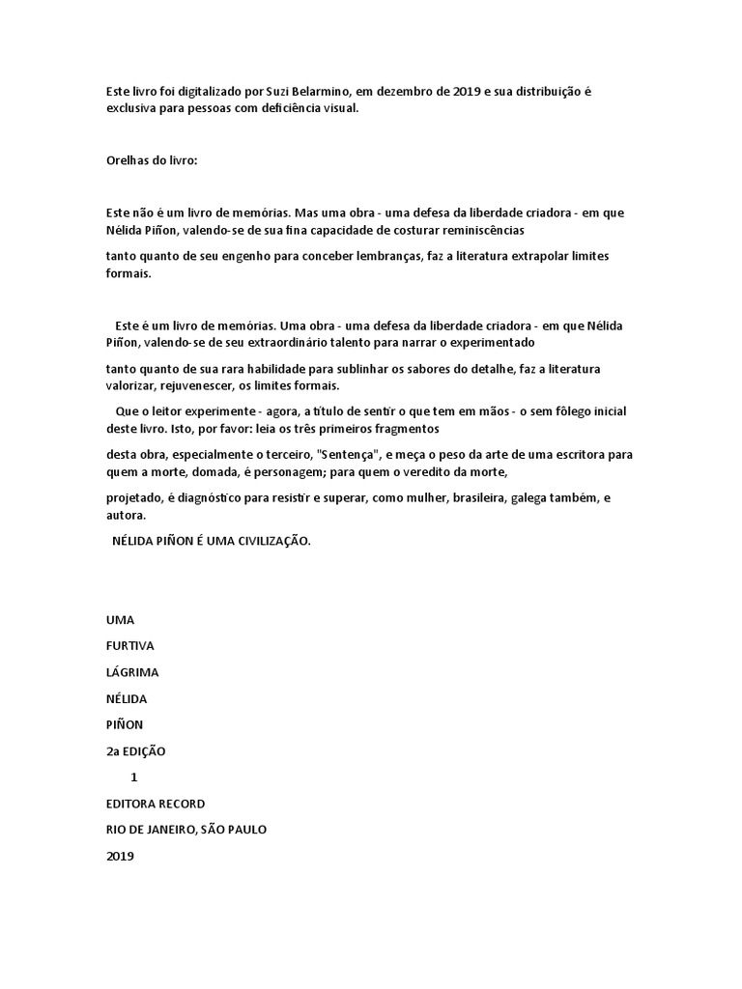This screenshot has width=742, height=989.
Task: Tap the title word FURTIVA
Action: point(130,645)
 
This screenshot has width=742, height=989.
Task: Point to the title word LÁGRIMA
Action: point(132,671)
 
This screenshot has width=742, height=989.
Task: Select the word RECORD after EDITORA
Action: point(180,803)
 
